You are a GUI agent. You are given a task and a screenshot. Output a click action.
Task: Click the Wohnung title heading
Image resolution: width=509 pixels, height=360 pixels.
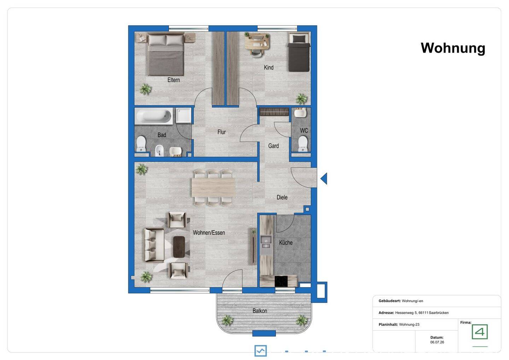453,48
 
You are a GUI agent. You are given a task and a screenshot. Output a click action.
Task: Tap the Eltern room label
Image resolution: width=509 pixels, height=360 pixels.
174,80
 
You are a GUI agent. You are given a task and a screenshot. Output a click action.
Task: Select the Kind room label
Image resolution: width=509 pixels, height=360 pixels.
269,67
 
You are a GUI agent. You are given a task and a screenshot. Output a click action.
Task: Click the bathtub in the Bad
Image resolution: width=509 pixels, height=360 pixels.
154,116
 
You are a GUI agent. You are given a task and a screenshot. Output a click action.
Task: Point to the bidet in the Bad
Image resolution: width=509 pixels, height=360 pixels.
159,151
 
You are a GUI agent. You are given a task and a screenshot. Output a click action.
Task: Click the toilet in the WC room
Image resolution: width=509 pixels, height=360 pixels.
303,143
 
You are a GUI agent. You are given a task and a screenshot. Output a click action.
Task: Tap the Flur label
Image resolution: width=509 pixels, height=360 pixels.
222,132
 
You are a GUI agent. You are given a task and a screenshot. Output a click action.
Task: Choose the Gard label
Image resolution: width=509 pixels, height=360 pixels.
273,146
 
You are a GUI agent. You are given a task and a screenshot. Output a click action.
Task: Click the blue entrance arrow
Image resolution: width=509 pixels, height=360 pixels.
324,178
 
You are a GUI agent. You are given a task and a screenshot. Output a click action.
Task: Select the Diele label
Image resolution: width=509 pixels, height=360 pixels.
282,197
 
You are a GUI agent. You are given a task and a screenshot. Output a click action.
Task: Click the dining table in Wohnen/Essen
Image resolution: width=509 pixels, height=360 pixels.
213,188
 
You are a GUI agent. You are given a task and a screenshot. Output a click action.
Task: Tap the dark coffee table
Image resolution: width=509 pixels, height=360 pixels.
179,247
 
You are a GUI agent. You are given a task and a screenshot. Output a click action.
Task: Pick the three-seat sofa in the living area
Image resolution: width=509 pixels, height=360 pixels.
154,245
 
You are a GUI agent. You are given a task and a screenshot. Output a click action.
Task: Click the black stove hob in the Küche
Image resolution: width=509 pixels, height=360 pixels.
281,282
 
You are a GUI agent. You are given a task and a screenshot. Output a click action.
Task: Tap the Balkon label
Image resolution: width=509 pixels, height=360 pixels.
260,311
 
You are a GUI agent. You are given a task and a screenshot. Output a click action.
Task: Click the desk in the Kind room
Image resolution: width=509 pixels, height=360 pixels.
257,42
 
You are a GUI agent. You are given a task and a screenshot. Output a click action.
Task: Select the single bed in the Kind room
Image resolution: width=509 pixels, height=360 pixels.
299,52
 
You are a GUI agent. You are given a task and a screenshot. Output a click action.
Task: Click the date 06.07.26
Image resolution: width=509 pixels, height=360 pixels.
437,342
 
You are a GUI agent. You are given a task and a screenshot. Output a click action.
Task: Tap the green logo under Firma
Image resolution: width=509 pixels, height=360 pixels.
480,332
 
